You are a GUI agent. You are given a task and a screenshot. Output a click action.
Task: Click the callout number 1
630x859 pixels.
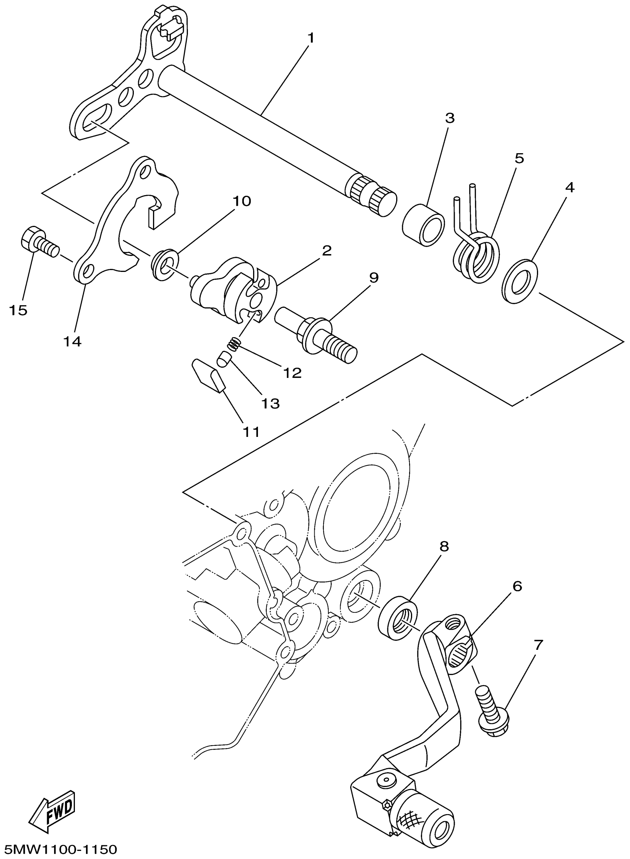[x=311, y=38]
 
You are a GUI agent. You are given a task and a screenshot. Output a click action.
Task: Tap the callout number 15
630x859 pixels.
[x=18, y=310]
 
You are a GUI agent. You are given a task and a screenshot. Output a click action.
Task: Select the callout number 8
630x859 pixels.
[x=444, y=546]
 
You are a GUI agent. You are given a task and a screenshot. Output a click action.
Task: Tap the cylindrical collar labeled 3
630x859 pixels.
[x=423, y=225]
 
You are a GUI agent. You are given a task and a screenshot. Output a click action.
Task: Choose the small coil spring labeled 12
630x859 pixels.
[x=234, y=345]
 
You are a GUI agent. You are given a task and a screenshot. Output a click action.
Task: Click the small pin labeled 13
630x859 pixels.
[x=223, y=359]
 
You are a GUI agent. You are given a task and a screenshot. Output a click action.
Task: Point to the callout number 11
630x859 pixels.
[x=251, y=432]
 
